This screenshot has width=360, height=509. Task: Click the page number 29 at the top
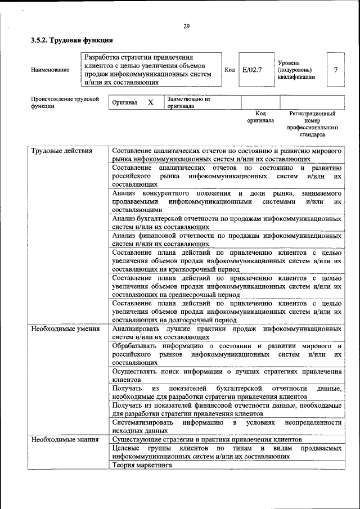click(186, 25)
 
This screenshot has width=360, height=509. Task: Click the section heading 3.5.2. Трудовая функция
click(72, 40)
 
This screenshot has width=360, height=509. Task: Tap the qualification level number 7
click(336, 70)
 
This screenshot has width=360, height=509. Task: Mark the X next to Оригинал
click(151, 103)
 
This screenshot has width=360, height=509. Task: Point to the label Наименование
click(51, 70)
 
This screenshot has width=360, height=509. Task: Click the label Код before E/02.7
click(229, 70)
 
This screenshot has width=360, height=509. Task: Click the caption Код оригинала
click(260, 116)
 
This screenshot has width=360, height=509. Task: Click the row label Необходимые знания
click(65, 439)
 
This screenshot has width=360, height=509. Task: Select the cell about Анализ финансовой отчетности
click(227, 240)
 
